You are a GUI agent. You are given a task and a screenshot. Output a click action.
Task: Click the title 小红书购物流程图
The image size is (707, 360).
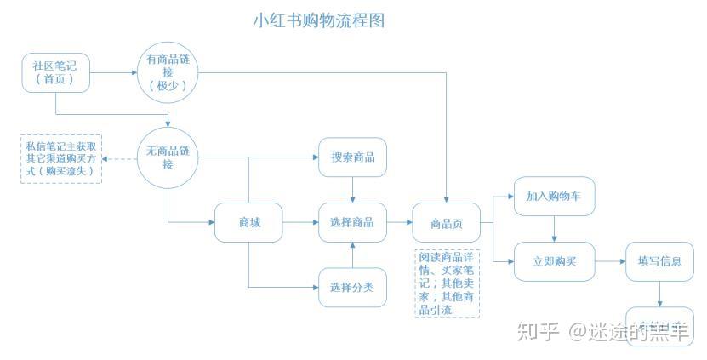tap(319, 20)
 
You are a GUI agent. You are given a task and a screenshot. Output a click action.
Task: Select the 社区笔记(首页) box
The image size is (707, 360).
tap(55, 72)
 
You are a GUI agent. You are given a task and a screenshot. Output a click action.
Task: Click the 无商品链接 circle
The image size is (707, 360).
tap(168, 157)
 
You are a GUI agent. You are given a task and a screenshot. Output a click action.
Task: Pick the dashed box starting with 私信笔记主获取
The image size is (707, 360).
tap(60, 157)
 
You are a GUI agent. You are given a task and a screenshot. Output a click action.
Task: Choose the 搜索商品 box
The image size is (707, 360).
tap(352, 157)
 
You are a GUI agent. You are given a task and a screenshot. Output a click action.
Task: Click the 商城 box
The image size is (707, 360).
tap(248, 223)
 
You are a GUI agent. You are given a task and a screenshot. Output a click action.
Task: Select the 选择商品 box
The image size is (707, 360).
tap(352, 223)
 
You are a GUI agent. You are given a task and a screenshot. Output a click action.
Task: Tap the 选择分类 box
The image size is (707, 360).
tap(352, 287)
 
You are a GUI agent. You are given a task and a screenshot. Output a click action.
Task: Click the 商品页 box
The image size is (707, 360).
tap(446, 223)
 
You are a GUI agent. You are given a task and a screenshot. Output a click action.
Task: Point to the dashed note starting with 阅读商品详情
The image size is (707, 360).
tap(448, 283)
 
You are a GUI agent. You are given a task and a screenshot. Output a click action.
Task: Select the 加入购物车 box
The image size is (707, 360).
tap(554, 197)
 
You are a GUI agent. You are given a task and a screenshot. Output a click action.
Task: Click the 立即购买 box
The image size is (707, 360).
tap(554, 261)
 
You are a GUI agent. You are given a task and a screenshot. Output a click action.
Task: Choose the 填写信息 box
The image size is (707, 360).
tap(659, 261)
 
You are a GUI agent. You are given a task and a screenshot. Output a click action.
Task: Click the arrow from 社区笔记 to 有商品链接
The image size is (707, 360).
tap(112, 72)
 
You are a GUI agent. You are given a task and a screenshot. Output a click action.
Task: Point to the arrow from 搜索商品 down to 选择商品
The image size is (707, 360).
tap(352, 190)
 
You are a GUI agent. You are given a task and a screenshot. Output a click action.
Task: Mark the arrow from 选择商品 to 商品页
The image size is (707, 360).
tap(399, 223)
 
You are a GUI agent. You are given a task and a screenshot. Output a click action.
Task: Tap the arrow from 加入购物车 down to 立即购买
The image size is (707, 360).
tap(554, 228)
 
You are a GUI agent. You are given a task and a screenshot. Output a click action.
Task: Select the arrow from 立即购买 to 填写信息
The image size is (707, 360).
tap(610, 261)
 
